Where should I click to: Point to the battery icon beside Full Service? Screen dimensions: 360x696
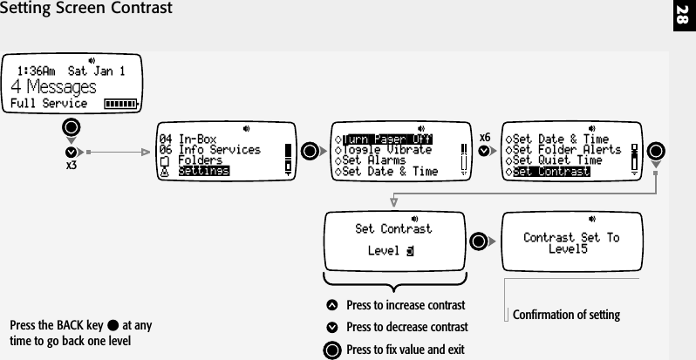point(120,104)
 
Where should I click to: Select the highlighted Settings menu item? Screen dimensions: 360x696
point(203,171)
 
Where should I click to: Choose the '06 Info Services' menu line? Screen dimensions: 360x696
point(208,150)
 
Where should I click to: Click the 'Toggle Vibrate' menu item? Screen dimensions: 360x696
point(386,150)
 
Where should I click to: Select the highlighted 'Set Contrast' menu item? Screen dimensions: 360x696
point(551,172)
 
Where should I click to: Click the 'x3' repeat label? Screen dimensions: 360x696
point(72,166)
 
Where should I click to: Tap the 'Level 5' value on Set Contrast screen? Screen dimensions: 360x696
point(390,252)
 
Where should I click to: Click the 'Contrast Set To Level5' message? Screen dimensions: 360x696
point(570,242)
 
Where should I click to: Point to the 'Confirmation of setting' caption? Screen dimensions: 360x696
point(566,314)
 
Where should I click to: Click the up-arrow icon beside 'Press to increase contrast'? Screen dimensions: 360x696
point(331,306)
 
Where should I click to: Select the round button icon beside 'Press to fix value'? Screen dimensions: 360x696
point(331,350)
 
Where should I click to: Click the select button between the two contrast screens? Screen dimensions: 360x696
point(478,241)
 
